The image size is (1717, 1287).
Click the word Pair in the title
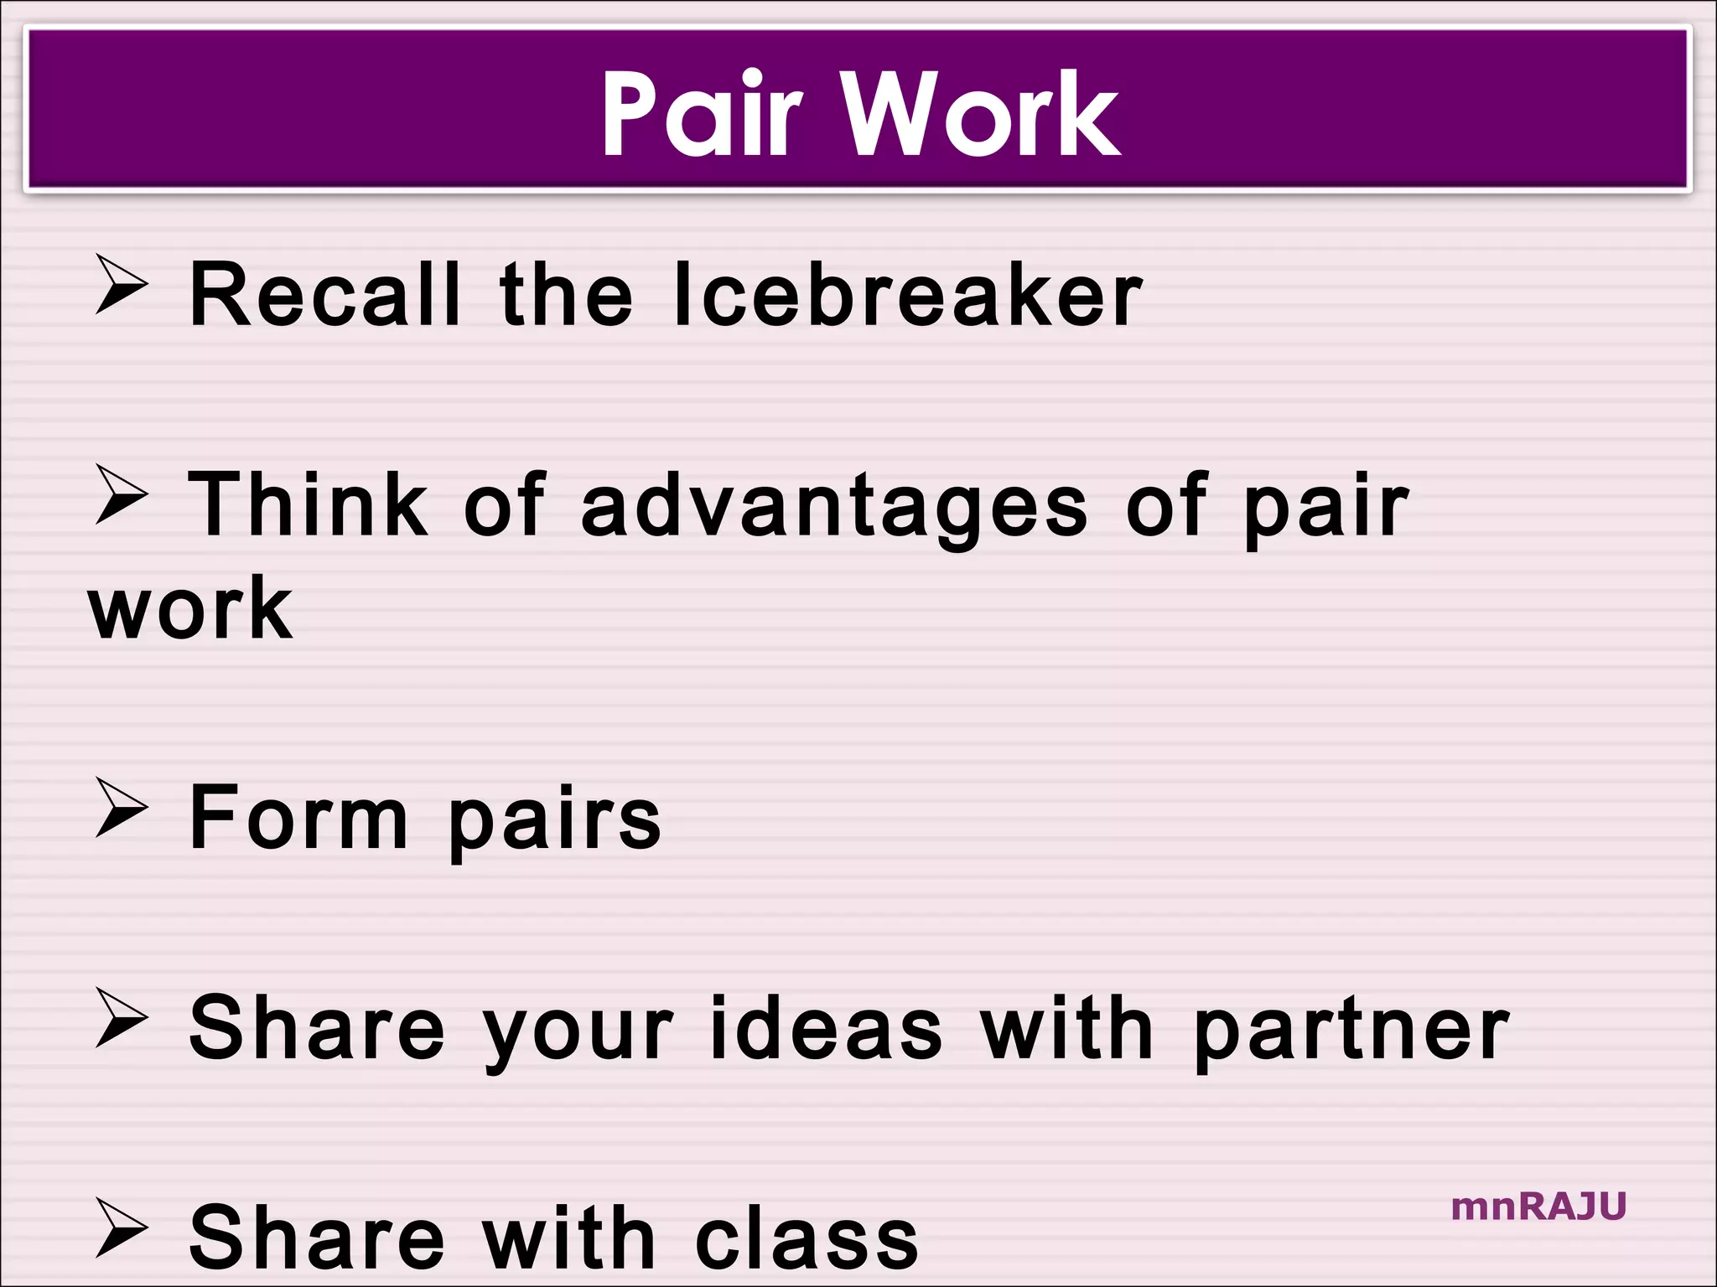(x=703, y=113)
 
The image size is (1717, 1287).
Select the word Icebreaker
(x=908, y=294)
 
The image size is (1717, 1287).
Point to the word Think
(x=308, y=504)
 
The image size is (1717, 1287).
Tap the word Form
(x=298, y=818)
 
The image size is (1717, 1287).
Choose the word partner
(x=1351, y=1031)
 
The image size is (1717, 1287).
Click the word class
(x=807, y=1238)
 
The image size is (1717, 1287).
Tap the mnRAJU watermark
(x=1538, y=1207)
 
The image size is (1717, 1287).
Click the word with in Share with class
(x=568, y=1238)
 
